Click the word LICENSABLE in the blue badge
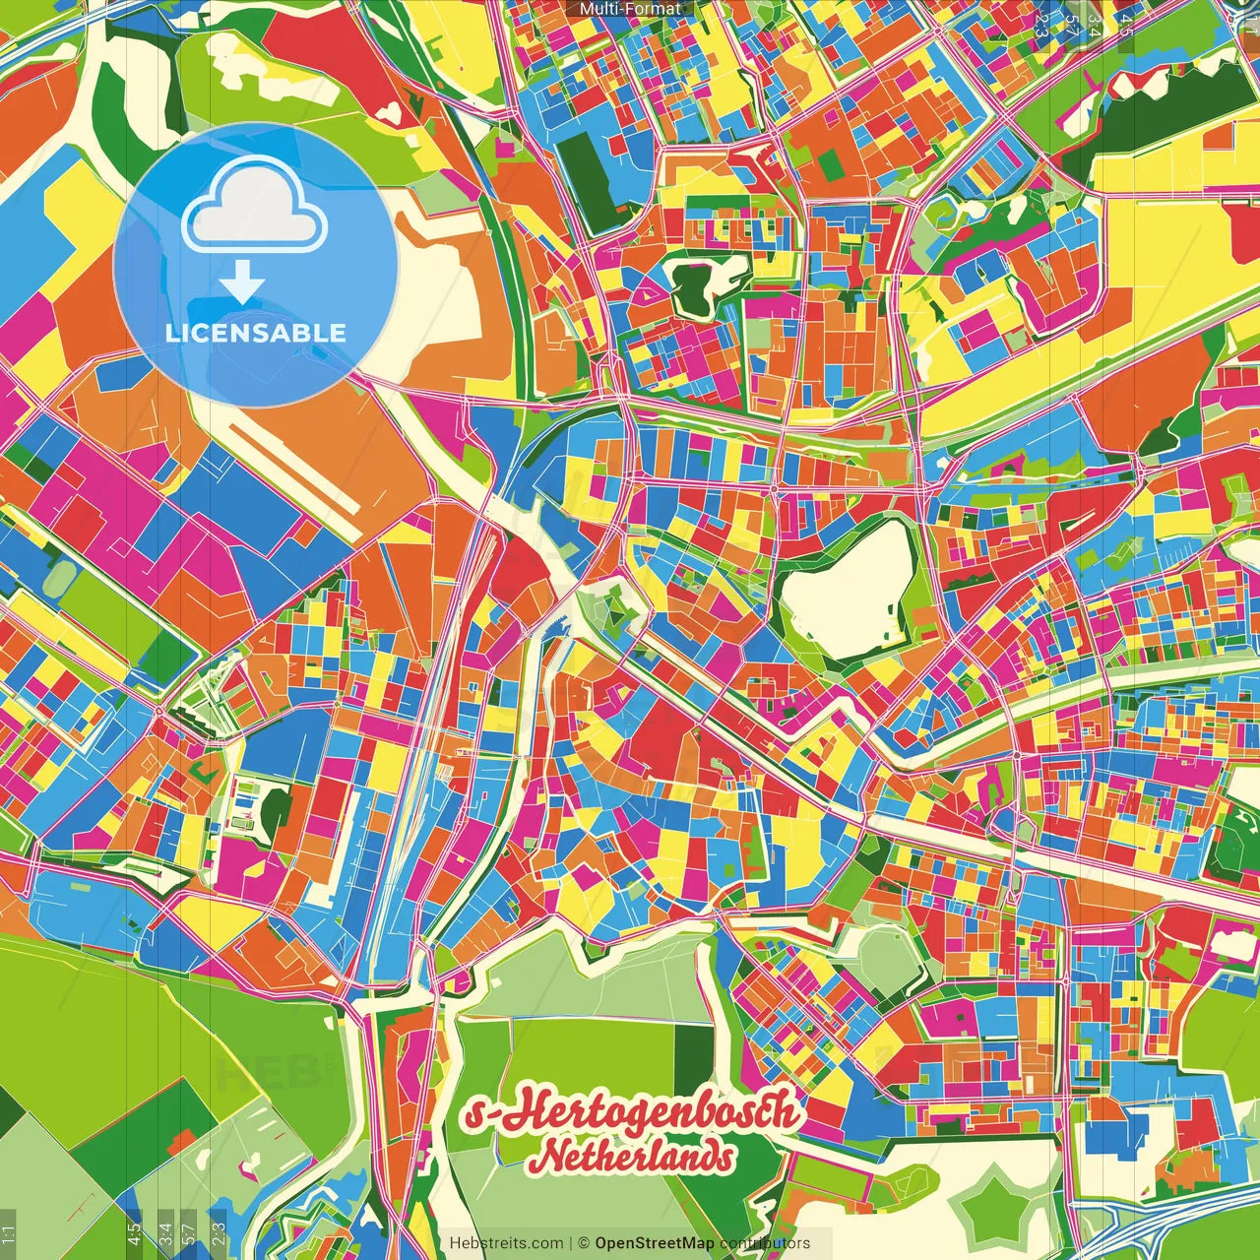coord(255,333)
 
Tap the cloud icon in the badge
coord(254,207)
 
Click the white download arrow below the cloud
coord(242,283)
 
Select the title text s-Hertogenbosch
coord(631,1113)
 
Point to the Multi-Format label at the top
coord(630,9)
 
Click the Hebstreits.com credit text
coord(506,1243)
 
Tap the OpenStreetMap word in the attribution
coord(654,1243)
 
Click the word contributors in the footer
coord(764,1243)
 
